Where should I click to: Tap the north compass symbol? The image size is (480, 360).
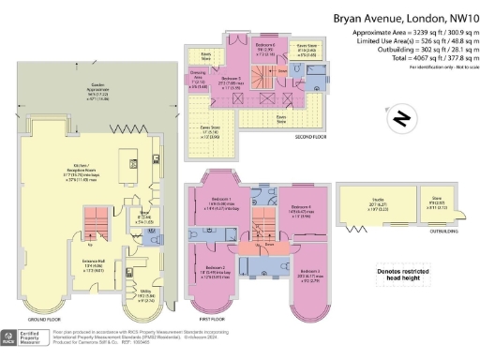click(400, 118)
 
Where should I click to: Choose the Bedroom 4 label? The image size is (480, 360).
click(301, 208)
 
